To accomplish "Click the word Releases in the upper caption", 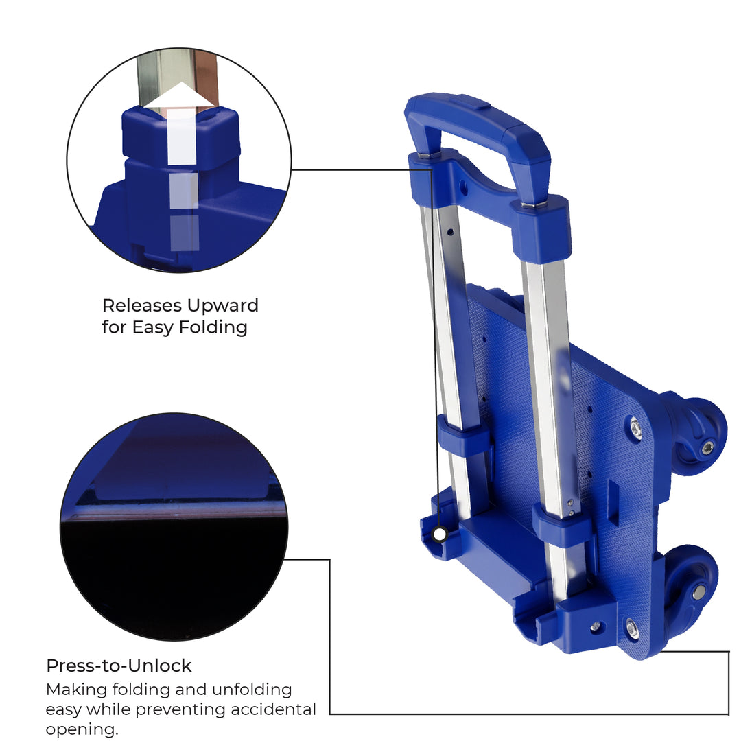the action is click(x=142, y=305).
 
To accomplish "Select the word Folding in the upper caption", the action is click(x=213, y=328).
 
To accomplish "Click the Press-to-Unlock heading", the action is click(x=119, y=666).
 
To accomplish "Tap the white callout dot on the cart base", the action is click(x=439, y=534).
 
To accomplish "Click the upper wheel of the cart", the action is click(x=701, y=436).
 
